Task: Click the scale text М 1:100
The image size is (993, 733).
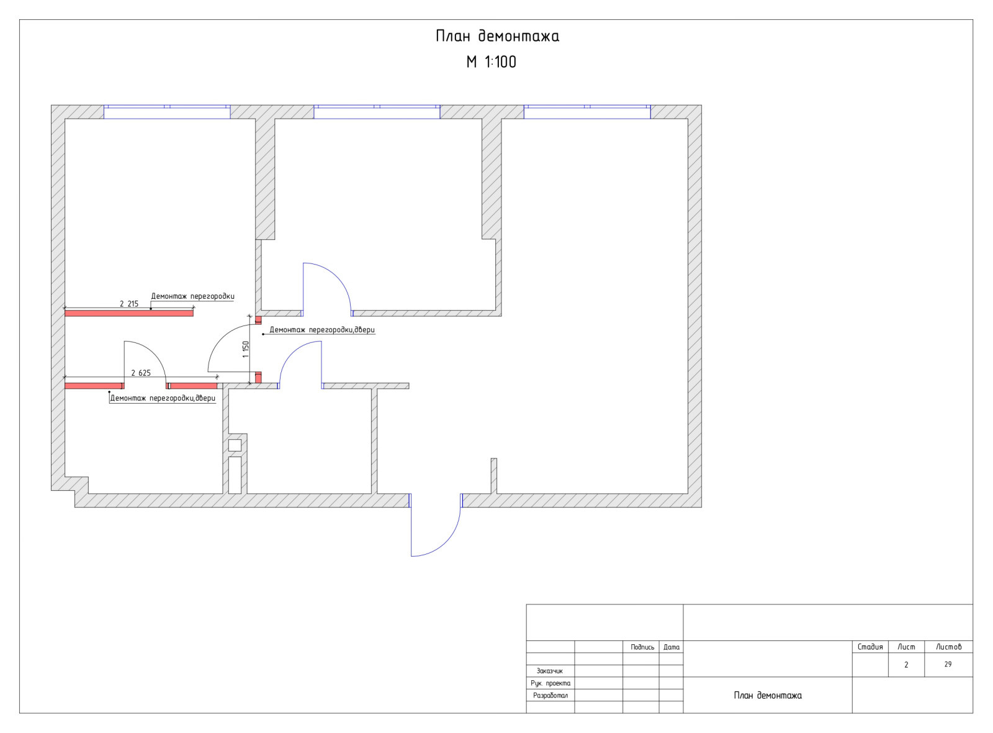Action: tap(491, 61)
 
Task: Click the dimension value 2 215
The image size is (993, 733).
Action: tap(129, 304)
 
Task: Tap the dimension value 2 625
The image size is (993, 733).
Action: tap(141, 373)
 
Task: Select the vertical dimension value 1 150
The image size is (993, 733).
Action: tap(246, 349)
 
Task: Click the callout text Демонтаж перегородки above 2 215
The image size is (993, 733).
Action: tap(193, 296)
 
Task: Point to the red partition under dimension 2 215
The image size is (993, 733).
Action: tap(129, 313)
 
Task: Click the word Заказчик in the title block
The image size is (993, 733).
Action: tap(550, 671)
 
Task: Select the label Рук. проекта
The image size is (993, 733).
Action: tap(550, 683)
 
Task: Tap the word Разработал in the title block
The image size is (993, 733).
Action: tap(550, 695)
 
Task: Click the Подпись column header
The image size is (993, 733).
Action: tap(642, 647)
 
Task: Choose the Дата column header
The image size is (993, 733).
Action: tap(672, 647)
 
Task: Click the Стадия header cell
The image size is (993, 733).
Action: tap(870, 647)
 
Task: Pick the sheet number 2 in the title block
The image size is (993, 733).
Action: tap(906, 665)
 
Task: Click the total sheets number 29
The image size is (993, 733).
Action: tap(948, 664)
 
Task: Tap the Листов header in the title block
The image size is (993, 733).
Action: tap(949, 647)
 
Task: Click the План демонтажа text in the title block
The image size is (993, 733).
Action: tap(768, 695)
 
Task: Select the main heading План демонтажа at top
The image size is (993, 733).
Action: tap(497, 36)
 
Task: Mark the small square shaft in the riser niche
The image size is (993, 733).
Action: tap(235, 445)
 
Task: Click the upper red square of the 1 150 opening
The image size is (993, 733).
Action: tap(258, 321)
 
